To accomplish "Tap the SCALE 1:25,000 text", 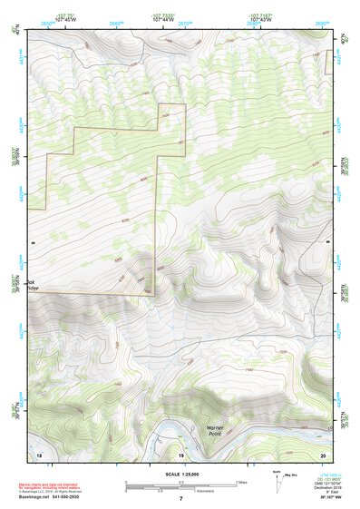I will (x=180, y=475).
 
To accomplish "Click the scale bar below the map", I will (x=180, y=484).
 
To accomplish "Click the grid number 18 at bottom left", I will (x=39, y=452).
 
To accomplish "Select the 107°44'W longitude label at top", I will (x=163, y=17).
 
